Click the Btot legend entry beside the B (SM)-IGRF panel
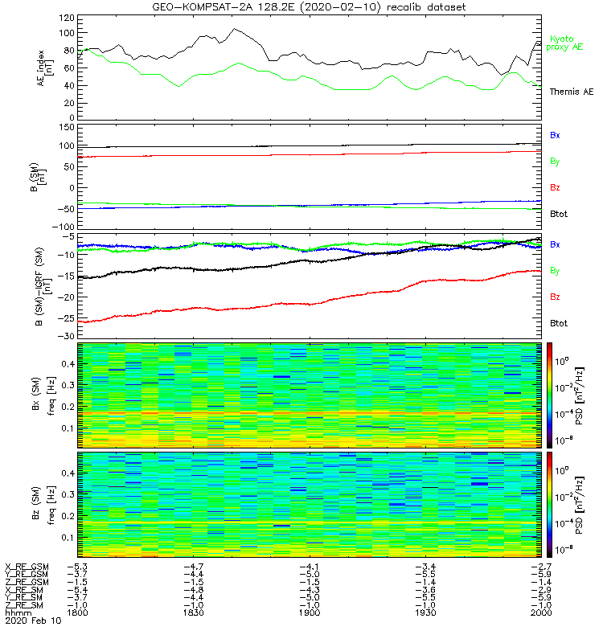pos(558,322)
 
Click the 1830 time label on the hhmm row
pos(194,613)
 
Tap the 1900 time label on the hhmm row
pos(310,613)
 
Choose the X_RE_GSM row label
pos(27,567)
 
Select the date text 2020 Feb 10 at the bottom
pos(27,621)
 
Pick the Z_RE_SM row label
pos(27,605)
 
